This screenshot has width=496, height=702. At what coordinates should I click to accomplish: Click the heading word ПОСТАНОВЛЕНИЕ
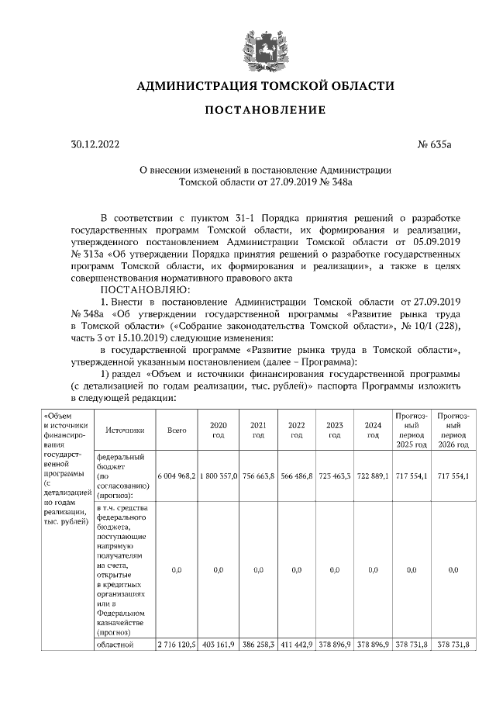click(264, 111)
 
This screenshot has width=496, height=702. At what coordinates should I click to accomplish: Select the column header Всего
click(176, 429)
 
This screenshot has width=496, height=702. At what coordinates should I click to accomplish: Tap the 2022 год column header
click(296, 429)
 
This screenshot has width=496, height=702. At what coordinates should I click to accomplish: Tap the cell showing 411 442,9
click(296, 645)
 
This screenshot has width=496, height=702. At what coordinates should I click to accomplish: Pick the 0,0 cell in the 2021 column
click(258, 569)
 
